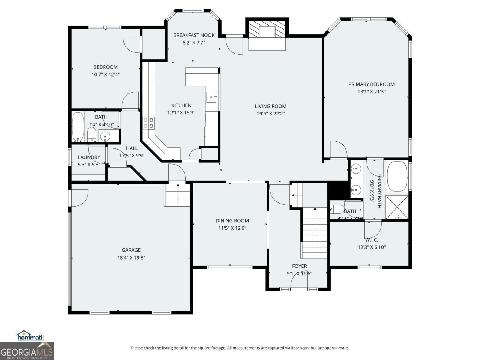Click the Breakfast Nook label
coord(194,35)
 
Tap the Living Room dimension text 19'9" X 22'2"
coord(270,113)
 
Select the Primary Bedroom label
coord(371,84)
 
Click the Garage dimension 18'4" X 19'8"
coord(131,257)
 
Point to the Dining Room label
coord(232,221)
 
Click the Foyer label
coord(299,266)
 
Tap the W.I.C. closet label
coord(371,240)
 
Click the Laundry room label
coord(89,157)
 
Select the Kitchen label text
coord(181,105)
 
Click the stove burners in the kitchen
coord(148,123)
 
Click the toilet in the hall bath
coord(91,135)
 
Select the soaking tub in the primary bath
coord(397,176)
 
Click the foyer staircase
coord(315,232)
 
